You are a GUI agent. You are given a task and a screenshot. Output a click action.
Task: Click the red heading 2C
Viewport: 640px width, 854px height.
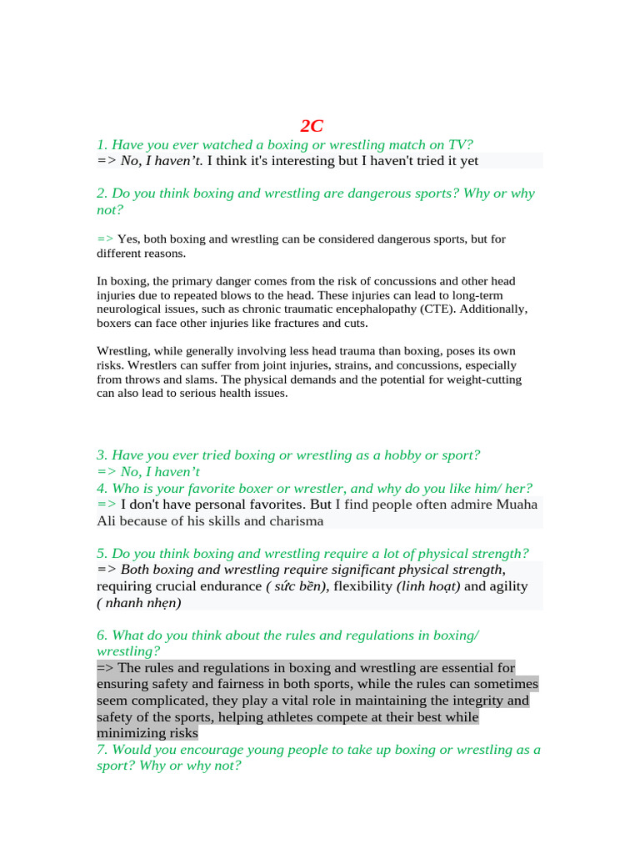click(x=312, y=126)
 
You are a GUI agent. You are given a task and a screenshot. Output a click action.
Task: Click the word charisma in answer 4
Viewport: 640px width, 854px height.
click(x=296, y=520)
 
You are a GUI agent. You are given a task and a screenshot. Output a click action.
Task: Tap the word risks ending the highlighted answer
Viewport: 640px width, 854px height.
click(x=181, y=733)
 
